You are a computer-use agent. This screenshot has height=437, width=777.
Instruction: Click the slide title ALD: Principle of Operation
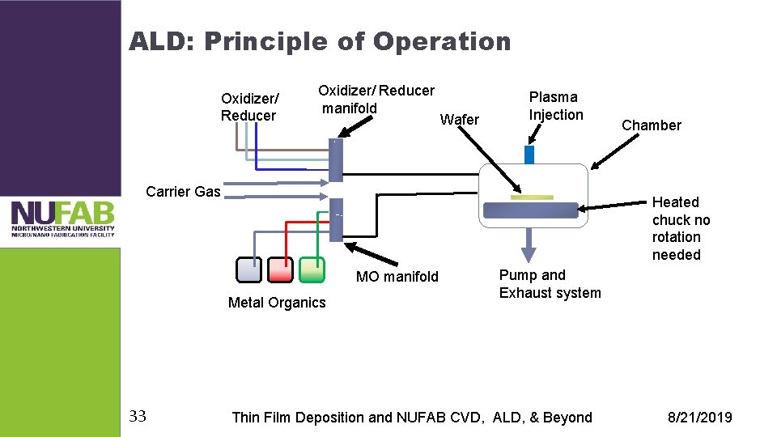coord(320,41)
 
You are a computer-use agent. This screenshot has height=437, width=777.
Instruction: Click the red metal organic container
coord(280,269)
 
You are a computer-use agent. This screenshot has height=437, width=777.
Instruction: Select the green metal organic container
coord(312,269)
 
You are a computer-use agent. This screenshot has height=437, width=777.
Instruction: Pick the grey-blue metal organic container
coord(249,269)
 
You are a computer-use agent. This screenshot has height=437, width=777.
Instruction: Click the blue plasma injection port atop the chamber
coord(529,155)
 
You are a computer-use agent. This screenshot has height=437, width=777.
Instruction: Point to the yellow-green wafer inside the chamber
coord(532,197)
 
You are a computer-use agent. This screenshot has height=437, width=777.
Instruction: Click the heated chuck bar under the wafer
coord(530,210)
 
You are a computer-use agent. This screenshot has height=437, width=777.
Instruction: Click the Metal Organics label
coord(277,303)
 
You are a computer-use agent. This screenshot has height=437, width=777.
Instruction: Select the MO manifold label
coord(397,277)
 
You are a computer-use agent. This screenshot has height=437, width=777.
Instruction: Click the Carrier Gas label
coord(183,192)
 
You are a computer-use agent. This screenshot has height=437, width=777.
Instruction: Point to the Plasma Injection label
coord(556,106)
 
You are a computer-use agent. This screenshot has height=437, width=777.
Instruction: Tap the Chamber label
coord(651,125)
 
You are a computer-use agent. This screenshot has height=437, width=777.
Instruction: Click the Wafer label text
coord(459,120)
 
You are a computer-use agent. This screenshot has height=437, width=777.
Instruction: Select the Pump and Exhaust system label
coord(550,284)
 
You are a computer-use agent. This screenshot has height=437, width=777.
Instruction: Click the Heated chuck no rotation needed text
coord(681,228)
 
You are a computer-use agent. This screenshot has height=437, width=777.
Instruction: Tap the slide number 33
coord(138,417)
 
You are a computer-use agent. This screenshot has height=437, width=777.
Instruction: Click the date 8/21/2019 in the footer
coord(699,418)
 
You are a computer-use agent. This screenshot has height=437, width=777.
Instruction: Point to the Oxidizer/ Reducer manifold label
coord(376,99)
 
